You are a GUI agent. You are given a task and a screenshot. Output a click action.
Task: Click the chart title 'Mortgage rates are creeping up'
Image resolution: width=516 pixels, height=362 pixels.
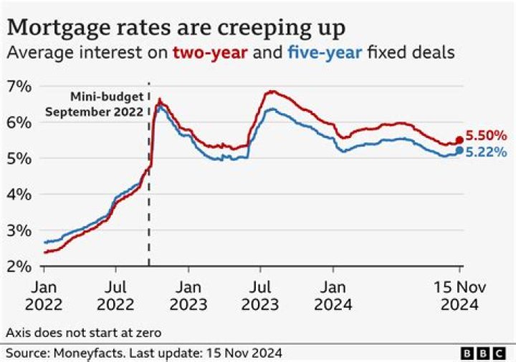[x=176, y=27]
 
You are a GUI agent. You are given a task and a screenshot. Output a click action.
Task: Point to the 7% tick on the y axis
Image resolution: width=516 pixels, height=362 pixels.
[x=19, y=87]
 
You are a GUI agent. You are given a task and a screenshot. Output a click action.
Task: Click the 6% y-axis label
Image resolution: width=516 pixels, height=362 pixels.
[x=19, y=122]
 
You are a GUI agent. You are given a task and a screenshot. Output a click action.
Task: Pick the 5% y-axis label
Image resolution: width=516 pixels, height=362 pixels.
[x=19, y=158]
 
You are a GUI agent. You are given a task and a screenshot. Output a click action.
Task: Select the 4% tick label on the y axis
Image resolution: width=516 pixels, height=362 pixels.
[x=19, y=194]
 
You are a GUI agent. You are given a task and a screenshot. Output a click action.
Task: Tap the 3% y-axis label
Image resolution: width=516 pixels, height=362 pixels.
[x=19, y=230]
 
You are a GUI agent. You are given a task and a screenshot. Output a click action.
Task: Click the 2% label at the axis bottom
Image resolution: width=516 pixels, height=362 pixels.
[x=19, y=266]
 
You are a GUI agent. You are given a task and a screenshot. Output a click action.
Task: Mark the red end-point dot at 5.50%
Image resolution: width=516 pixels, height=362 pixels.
[x=459, y=140]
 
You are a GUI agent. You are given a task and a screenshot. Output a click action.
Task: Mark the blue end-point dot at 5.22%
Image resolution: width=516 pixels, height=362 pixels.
[x=459, y=150]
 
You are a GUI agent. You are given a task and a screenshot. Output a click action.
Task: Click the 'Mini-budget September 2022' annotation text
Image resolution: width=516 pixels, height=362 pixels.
[x=94, y=104]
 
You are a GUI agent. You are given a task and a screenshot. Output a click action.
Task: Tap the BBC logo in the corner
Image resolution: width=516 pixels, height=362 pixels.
[x=485, y=353]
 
